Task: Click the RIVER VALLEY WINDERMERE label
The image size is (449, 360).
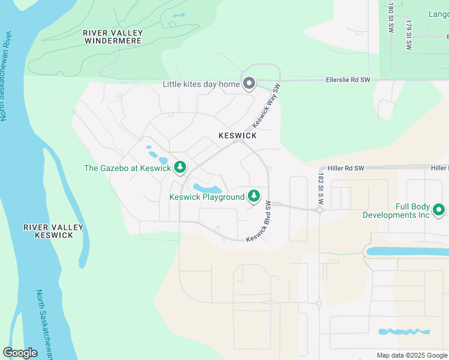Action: [x=113, y=37]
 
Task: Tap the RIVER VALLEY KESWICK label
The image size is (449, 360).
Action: [x=49, y=231]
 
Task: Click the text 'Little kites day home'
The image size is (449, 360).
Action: [x=201, y=84]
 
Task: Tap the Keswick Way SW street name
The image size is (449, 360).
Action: [x=267, y=105]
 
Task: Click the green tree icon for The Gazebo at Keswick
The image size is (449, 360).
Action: [x=179, y=168]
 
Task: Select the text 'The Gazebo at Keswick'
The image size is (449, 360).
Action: [x=127, y=168]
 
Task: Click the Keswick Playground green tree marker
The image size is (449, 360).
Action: [x=254, y=196]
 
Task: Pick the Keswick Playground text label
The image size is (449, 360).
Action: [x=206, y=197]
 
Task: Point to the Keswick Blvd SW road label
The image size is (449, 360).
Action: [x=260, y=222]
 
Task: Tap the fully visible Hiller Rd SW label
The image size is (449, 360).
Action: [x=347, y=169]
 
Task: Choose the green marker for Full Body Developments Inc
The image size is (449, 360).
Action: [x=439, y=209]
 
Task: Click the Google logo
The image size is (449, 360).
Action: [x=20, y=353]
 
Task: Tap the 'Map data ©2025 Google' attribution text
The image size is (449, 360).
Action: [x=411, y=355]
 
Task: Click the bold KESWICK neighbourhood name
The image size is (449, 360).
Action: [x=238, y=136]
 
